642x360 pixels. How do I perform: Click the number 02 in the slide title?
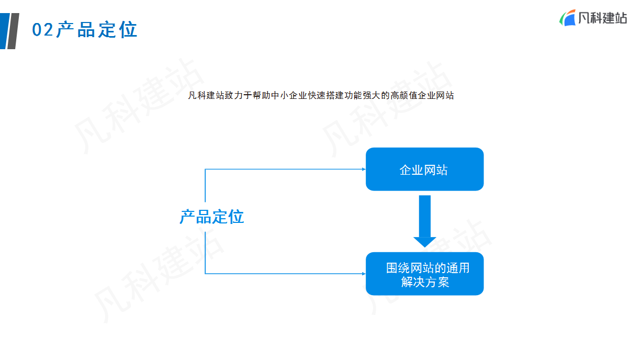click(42, 29)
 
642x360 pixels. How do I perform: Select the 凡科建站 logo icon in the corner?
click(567, 18)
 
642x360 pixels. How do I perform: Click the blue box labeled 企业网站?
click(424, 169)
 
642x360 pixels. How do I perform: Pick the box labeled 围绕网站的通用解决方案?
click(424, 274)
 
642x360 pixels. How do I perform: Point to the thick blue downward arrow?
click(425, 221)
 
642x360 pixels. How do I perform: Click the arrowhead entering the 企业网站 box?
click(364, 169)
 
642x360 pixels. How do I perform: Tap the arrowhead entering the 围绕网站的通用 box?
click(364, 274)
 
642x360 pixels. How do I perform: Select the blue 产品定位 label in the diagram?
click(211, 217)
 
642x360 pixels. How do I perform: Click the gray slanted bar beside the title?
click(13, 31)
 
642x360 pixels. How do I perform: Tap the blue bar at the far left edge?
click(5, 31)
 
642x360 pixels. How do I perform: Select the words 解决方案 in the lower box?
click(425, 282)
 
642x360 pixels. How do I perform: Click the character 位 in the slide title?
click(128, 29)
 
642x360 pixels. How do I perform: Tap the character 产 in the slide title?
click(65, 29)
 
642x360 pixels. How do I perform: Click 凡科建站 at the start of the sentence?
click(206, 95)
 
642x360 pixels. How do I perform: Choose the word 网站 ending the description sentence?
click(445, 95)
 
